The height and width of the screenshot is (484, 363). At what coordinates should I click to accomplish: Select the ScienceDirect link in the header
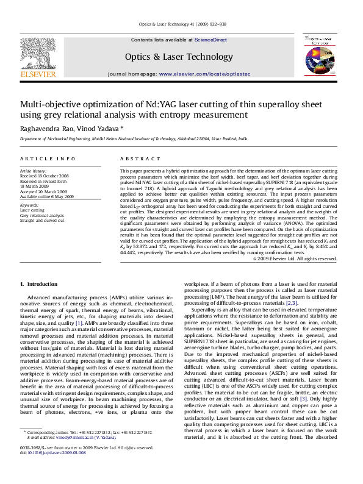[210, 40]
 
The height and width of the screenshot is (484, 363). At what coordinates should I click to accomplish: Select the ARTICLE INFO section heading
[48, 158]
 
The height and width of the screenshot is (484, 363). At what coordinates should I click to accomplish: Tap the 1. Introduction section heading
[38, 285]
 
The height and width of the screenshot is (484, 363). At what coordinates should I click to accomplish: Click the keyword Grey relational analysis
[41, 215]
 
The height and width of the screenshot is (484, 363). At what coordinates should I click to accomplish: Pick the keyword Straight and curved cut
[42, 220]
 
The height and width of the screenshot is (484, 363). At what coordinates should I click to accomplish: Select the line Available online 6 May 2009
[47, 197]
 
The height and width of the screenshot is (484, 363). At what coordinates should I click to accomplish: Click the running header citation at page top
[182, 24]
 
